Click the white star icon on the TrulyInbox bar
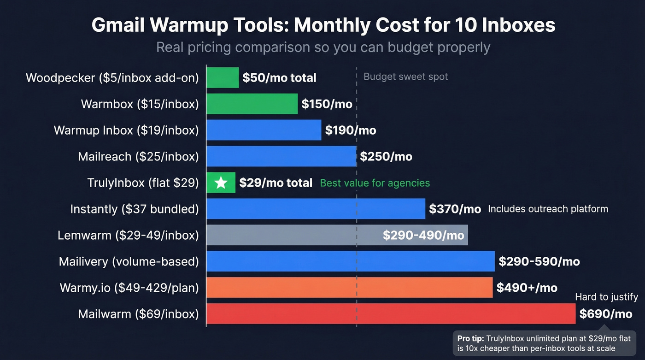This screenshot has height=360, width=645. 221,183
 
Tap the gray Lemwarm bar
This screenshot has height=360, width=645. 295,235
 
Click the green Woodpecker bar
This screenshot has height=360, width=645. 223,77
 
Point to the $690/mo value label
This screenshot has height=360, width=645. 605,314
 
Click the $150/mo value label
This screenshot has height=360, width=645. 327,104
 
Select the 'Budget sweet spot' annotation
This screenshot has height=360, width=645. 405,77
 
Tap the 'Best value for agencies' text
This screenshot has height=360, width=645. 375,183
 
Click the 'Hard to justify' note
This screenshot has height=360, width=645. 606,297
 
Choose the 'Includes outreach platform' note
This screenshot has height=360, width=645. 548,209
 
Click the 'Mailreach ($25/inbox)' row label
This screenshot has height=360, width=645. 138,157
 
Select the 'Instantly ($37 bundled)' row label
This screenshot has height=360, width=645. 134,209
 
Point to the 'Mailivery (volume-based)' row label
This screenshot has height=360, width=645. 129,262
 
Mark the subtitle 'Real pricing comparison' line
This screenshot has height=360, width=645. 323,47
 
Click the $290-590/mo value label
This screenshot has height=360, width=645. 539,262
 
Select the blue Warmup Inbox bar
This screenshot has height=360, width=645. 264,130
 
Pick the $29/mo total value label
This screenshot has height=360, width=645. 276,183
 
